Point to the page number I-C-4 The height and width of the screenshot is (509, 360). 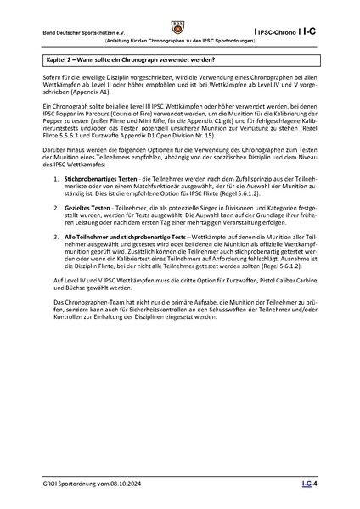coord(309,484)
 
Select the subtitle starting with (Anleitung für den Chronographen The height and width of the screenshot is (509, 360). coord(180,41)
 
